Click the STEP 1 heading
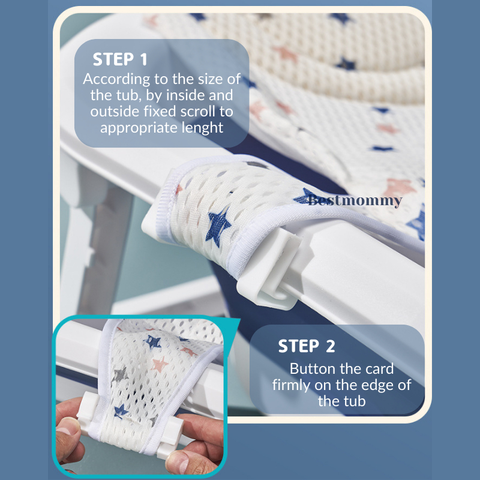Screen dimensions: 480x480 coord(120,59)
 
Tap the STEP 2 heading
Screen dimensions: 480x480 coord(307,346)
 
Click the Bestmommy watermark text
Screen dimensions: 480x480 coord(355,200)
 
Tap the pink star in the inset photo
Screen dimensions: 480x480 coord(160,364)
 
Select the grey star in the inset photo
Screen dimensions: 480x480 coord(120,375)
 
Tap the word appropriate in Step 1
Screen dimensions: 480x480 coord(139,128)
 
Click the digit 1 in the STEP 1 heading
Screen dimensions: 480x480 coord(143,59)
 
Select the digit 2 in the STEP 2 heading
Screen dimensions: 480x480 coord(331,346)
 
